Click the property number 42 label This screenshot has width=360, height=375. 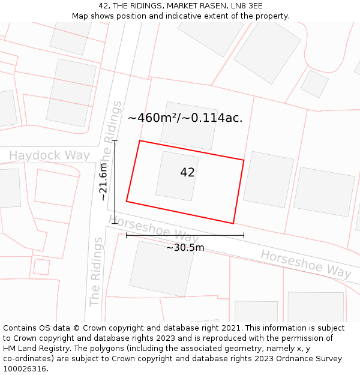187,173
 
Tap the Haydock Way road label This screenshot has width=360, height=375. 49,156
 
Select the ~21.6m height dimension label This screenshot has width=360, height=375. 104,182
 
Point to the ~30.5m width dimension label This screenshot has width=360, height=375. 185,247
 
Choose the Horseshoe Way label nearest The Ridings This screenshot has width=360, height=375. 154,230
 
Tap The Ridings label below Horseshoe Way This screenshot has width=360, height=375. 95,272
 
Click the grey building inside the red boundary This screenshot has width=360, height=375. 177,175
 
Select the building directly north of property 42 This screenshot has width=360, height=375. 188,125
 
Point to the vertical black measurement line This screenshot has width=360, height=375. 115,182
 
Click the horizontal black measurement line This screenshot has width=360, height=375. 185,235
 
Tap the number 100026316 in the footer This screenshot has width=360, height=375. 25,369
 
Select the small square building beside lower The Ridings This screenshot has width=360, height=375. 41,266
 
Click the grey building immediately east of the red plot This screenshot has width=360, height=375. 268,180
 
